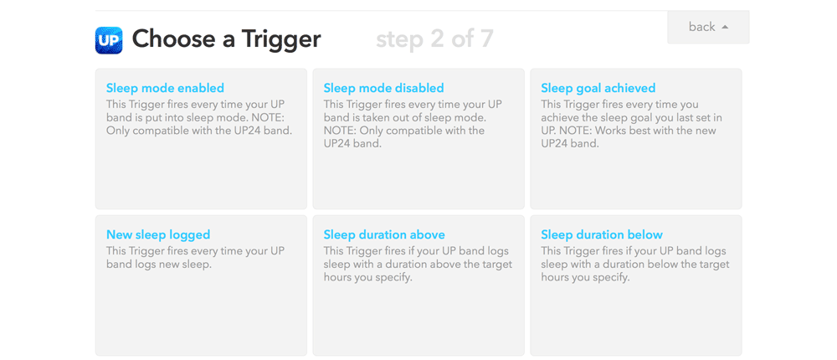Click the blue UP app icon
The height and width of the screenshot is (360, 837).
coord(109,40)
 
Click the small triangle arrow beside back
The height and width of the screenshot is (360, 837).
coord(725,28)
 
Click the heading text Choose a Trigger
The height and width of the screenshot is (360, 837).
coord(226,39)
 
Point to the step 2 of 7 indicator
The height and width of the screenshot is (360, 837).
coord(434,39)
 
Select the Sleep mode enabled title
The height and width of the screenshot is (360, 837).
coord(165,88)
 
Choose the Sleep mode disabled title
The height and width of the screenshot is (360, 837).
coord(384,88)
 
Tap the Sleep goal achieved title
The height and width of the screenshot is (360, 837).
coord(598,88)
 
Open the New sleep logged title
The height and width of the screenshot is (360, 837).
coord(158,234)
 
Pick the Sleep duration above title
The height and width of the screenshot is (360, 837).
coord(384,234)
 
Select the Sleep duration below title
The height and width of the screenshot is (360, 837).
coord(602,234)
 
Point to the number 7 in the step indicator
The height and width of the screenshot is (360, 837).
coord(486,39)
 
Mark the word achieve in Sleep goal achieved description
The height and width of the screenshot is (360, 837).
coord(558,117)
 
